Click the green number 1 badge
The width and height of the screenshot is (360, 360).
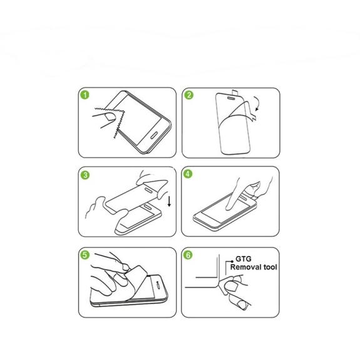pos(85,95)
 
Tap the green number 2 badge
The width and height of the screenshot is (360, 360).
pos(189,95)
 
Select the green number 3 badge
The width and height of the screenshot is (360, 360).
pos(85,175)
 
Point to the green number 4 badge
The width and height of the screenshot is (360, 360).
pos(188,174)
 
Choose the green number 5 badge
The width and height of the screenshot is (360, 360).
pos(85,255)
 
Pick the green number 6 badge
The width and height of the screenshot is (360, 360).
pos(188,255)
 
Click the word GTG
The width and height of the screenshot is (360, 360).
pos(244,259)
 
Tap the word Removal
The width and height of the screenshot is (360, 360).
pos(245,267)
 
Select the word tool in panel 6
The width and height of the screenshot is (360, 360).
pos(270,267)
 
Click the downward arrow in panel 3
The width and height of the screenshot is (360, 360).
pos(169,202)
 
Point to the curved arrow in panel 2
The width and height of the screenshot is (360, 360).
pos(258,103)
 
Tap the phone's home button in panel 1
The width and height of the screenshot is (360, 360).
pos(154,135)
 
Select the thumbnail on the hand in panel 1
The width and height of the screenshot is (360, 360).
pos(110,116)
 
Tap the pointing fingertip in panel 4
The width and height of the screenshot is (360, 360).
pos(229,208)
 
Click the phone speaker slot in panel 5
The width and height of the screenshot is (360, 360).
pos(158,284)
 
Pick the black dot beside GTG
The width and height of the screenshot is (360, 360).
pos(232,261)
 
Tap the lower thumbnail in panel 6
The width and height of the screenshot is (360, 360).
pos(242,305)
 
